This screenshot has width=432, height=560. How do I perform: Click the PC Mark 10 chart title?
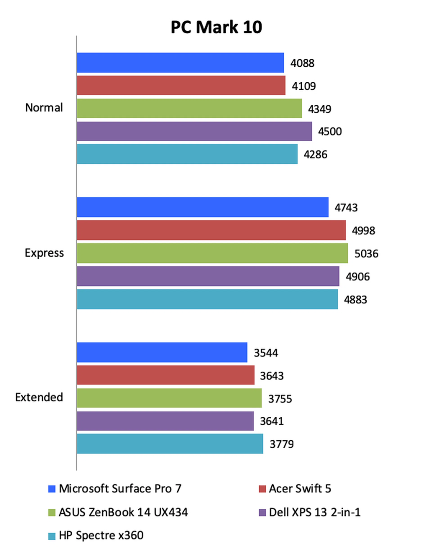click(x=216, y=27)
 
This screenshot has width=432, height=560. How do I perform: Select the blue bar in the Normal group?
click(x=180, y=63)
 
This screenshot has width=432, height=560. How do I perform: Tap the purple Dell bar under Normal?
click(x=194, y=131)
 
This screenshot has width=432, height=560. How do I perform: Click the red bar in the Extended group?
click(x=165, y=375)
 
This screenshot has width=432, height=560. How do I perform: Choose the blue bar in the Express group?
click(x=202, y=207)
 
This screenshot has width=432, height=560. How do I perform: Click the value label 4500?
click(x=330, y=131)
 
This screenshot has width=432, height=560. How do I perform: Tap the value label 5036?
click(x=366, y=254)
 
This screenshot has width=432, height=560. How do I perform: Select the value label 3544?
click(x=265, y=353)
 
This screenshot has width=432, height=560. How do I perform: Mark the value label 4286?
click(x=315, y=155)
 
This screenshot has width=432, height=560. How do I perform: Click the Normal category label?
click(x=44, y=107)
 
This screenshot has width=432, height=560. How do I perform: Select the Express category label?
click(x=44, y=253)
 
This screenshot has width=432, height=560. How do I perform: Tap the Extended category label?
click(x=39, y=397)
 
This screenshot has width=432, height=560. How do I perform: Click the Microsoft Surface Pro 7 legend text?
click(x=120, y=488)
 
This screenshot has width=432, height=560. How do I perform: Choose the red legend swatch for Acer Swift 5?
click(x=262, y=489)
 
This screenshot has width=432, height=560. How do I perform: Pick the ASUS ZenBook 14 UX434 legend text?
click(x=123, y=512)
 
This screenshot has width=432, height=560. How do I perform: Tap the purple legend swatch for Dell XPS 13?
click(x=262, y=513)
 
